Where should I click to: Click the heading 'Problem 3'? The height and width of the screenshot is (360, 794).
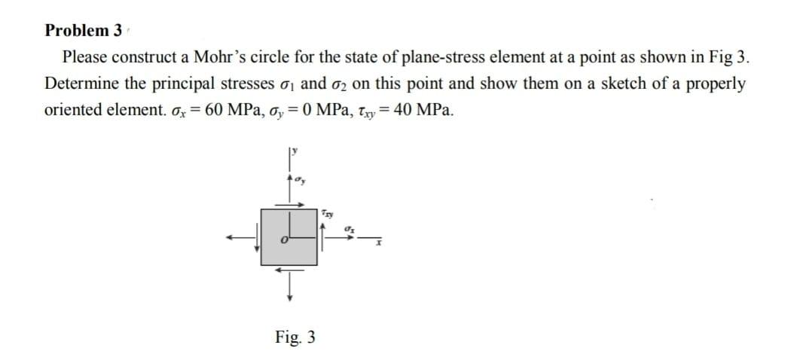pyautogui.click(x=84, y=31)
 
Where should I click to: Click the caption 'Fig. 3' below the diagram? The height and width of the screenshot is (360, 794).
pyautogui.click(x=295, y=337)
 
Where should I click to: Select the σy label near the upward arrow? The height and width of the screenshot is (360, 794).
pyautogui.click(x=300, y=181)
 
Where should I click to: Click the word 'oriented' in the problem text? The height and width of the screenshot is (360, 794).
pyautogui.click(x=72, y=109)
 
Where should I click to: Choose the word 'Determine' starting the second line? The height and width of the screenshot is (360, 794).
pyautogui.click(x=80, y=83)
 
